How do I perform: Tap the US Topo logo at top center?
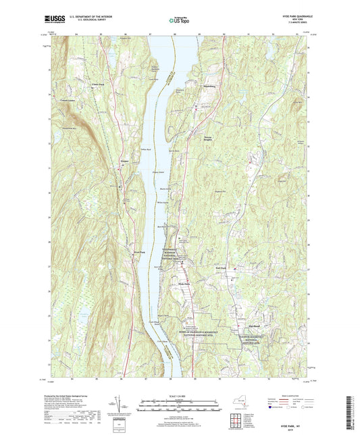point(179,21)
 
